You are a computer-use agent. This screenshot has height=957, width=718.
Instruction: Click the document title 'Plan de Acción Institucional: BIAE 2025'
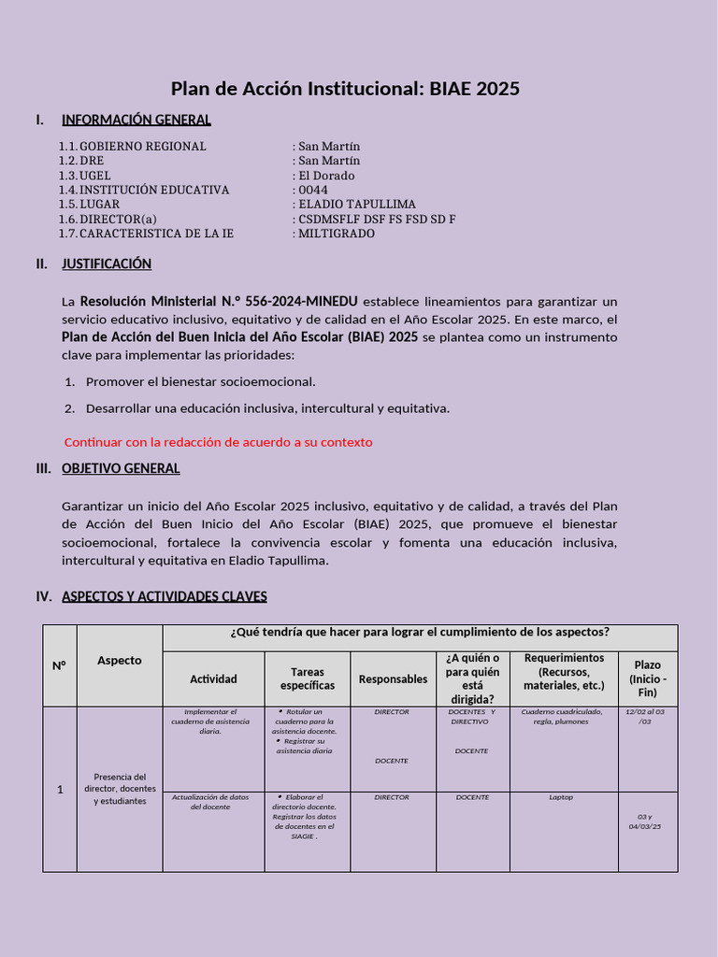point(345,89)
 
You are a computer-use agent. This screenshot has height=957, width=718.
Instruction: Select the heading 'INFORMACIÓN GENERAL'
point(136,120)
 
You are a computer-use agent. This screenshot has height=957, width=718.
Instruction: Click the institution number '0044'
point(312,190)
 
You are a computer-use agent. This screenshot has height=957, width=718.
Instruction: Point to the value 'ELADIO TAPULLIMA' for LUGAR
point(356,205)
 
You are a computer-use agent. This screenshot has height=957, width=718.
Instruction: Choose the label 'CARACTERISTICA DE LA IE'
point(156,234)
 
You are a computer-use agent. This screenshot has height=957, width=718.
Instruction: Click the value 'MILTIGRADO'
point(336,234)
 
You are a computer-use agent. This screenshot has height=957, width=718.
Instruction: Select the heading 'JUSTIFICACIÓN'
point(107,264)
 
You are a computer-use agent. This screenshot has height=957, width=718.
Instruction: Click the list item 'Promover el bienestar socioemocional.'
point(200,381)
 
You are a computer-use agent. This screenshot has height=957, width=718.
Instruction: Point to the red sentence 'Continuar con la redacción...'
point(218,442)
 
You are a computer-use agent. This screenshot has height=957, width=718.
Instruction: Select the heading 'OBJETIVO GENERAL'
point(121,469)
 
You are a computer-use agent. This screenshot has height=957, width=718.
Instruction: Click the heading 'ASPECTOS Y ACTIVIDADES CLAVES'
point(164,596)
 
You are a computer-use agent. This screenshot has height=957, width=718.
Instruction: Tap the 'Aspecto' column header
point(120,661)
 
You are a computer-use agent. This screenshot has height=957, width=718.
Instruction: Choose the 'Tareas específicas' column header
point(307,678)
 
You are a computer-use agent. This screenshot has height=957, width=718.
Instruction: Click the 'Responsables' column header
point(393,679)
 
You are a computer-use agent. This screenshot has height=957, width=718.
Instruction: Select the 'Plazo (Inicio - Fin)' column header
point(647,678)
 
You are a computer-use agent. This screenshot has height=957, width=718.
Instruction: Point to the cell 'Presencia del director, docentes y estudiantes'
point(120,789)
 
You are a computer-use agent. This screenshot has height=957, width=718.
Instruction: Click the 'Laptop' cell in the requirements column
point(561,797)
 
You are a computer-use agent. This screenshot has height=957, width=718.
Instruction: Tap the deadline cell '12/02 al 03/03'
point(647,717)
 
